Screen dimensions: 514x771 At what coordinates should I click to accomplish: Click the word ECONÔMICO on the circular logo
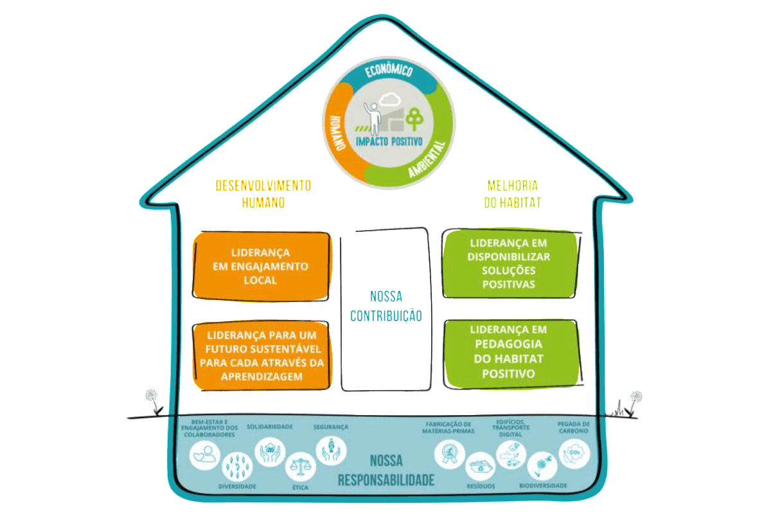[x=387, y=71]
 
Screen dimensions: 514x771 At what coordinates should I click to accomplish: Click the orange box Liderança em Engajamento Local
[x=262, y=266]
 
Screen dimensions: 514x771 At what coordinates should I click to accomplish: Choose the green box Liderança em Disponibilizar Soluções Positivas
[x=509, y=264]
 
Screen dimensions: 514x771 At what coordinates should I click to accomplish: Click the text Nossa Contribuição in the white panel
[x=385, y=306]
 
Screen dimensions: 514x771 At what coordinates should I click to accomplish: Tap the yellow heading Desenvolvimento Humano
[x=263, y=193]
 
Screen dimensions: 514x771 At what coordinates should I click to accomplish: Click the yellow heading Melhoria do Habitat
[x=512, y=193]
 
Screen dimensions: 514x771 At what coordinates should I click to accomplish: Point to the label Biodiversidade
[x=543, y=486]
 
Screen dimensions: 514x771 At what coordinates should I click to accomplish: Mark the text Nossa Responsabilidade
[x=386, y=470]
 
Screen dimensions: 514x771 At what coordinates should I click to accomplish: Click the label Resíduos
[x=481, y=486]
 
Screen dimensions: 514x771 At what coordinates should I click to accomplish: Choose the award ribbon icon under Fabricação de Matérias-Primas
[x=447, y=454]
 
